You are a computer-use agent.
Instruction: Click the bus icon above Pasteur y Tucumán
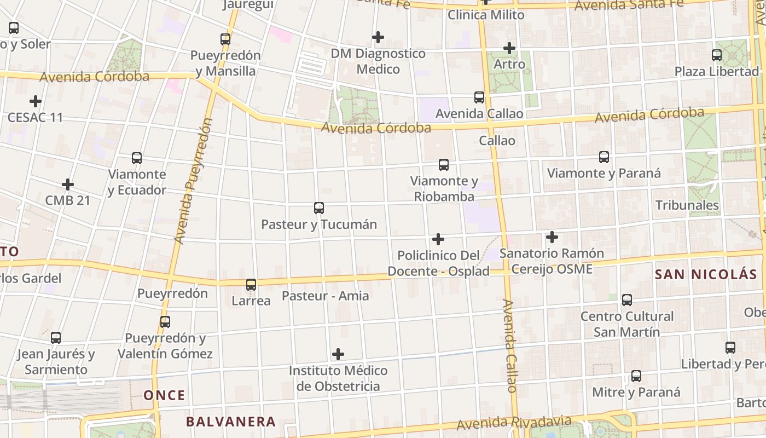coord(319,208)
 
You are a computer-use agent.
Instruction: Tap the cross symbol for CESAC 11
coord(36,101)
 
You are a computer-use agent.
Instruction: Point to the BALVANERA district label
coord(231,422)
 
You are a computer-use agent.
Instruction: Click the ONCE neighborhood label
coord(164,395)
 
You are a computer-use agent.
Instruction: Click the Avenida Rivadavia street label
coord(514,423)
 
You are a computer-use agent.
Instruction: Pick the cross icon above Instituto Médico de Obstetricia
coord(338,354)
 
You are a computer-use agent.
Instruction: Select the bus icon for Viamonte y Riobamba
coord(444,164)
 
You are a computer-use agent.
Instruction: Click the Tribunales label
coord(687,205)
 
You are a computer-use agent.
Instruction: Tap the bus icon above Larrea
coord(251,285)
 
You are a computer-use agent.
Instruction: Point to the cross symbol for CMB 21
coord(68,184)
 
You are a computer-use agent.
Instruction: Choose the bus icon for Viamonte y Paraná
coord(604,157)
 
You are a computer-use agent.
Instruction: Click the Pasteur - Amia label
coord(325,296)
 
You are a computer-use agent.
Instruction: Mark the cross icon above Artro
coord(509,48)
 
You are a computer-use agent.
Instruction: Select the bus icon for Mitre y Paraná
coord(636,376)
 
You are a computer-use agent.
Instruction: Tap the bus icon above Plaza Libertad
coord(717,55)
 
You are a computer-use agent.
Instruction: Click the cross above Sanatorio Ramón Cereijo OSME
coord(552,237)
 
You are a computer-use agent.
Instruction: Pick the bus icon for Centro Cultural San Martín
coord(627,300)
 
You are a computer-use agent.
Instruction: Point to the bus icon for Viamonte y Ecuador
coord(137,158)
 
